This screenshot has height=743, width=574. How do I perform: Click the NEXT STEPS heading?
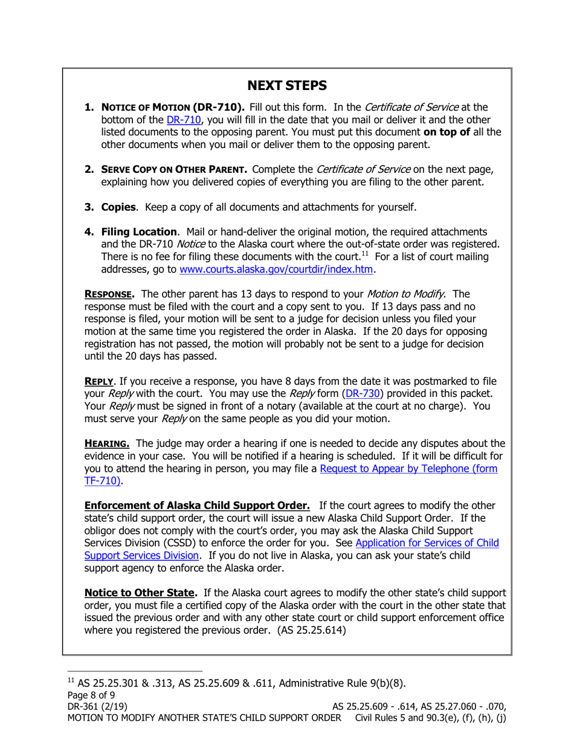pyautogui.click(x=288, y=85)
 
